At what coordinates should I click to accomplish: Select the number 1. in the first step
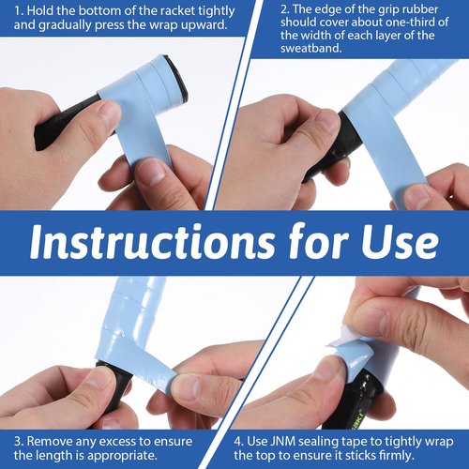pyautogui.click(x=19, y=11)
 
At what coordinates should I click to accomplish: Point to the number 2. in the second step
pyautogui.click(x=285, y=9)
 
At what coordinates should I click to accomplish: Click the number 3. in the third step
pyautogui.click(x=19, y=441)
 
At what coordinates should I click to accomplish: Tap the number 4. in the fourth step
pyautogui.click(x=239, y=442)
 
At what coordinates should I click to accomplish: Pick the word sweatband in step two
pyautogui.click(x=310, y=49)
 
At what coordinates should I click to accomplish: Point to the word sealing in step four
pyautogui.click(x=318, y=442)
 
